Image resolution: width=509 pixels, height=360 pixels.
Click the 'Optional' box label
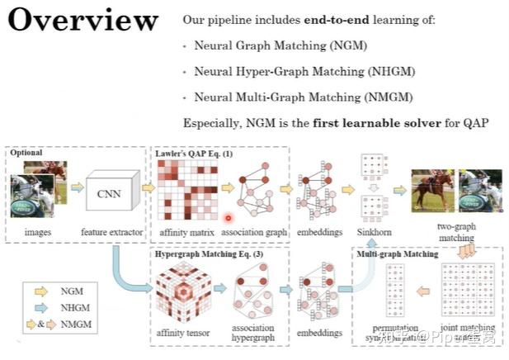click(x=26, y=153)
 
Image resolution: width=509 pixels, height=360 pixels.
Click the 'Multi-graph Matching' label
click(x=397, y=254)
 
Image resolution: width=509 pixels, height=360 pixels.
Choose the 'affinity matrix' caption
click(x=186, y=233)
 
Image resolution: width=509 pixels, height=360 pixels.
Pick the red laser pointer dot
click(x=229, y=217)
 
